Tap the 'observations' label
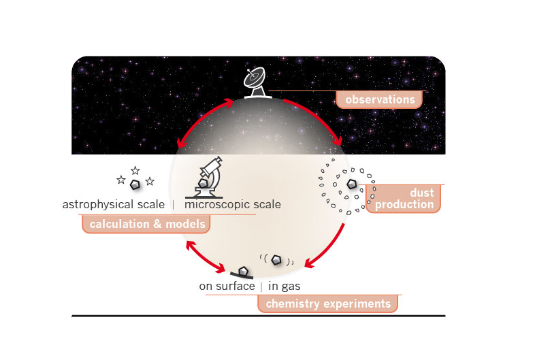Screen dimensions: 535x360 [x=380, y=99]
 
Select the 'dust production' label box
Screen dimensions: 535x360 [x=404, y=199]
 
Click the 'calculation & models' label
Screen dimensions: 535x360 [x=147, y=224]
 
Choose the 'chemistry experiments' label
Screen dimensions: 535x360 [x=328, y=304]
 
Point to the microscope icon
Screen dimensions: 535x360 [x=206, y=178]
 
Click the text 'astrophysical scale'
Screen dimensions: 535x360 [x=114, y=204]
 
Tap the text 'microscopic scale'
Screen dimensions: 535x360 [x=233, y=204]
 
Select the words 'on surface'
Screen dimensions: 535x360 [x=227, y=286]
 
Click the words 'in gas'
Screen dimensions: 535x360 [x=285, y=286]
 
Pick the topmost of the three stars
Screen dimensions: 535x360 [x=135, y=170]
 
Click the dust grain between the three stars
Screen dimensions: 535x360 [x=135, y=184]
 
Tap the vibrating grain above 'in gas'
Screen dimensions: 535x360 [x=276, y=260]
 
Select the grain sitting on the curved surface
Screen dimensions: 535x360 [x=243, y=272]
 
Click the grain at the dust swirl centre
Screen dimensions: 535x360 [x=351, y=184]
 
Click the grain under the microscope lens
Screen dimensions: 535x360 [x=203, y=184]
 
